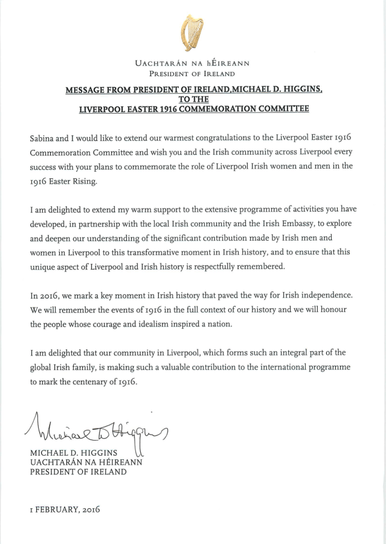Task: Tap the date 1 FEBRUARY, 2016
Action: tap(65, 509)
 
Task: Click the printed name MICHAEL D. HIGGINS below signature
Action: tap(74, 453)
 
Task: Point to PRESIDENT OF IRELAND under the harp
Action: tap(193, 74)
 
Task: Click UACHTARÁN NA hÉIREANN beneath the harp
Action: tap(193, 63)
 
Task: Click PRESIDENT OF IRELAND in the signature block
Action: tap(79, 471)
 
